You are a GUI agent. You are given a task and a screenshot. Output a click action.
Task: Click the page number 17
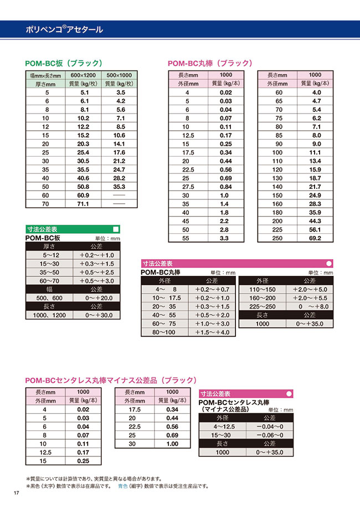[x=17, y=493]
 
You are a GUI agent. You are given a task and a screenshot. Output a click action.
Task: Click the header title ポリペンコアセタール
[x=64, y=29]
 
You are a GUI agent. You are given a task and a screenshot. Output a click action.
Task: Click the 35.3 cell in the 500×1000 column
[x=119, y=187]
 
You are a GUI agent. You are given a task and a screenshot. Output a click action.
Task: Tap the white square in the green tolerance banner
[x=115, y=229]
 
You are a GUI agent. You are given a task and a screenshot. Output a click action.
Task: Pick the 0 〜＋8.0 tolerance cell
[x=312, y=306]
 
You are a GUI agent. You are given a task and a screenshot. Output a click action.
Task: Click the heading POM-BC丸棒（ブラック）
[x=210, y=63]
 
